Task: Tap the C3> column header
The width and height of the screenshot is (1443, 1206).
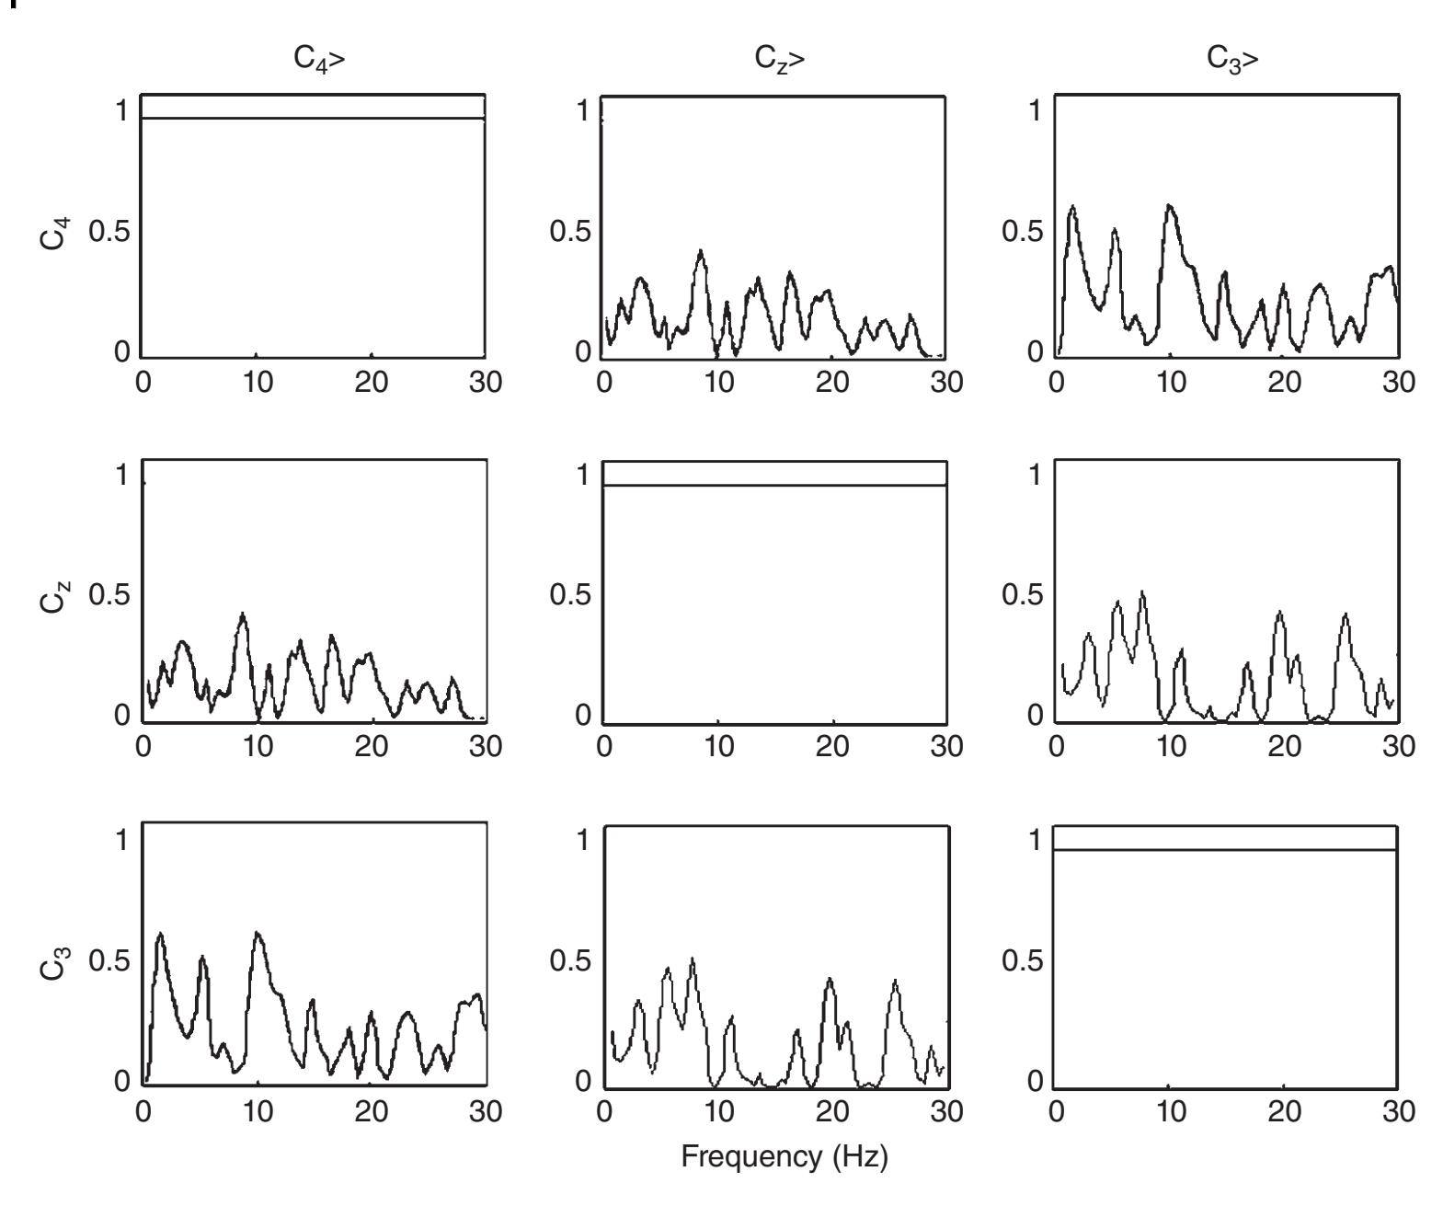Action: coord(1232,60)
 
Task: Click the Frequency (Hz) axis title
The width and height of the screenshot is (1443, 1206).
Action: coord(784,1156)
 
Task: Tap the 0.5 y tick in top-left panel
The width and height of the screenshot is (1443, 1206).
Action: coord(108,232)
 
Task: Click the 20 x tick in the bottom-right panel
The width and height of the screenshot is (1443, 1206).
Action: coord(1284,1111)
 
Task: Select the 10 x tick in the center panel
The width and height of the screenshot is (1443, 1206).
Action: coord(718,747)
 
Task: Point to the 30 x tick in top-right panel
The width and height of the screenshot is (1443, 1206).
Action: coord(1398,382)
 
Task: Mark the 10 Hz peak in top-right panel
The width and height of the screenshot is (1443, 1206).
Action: coord(1170,206)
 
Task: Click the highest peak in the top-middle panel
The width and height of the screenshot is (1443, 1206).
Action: coord(701,251)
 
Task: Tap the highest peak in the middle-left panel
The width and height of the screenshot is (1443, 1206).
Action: coord(243,614)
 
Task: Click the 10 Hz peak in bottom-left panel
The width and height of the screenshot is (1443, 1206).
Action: coord(258,934)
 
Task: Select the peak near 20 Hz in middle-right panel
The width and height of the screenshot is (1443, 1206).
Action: coord(1280,612)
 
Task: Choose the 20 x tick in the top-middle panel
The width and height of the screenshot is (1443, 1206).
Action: coord(832,382)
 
